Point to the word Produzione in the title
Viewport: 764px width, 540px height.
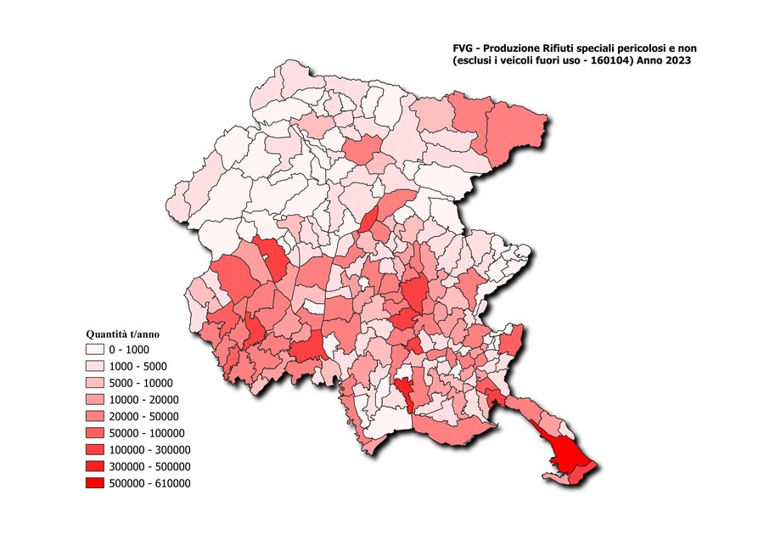point(513,50)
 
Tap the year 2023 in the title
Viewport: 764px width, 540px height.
point(677,62)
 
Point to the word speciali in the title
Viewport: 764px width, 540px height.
point(598,50)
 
